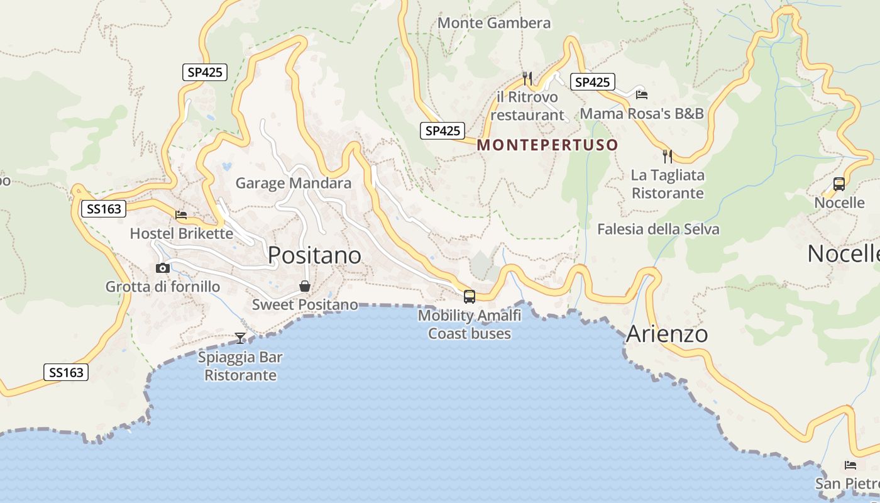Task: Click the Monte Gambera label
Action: coord(494,23)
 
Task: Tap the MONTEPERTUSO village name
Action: coord(547,145)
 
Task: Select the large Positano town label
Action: coord(314,255)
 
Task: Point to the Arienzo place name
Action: coord(667,334)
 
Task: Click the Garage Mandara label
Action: coord(293,184)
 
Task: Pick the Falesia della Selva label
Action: coord(658,229)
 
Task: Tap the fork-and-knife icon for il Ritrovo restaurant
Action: coord(527,78)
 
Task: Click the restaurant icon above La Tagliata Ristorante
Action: coord(668,156)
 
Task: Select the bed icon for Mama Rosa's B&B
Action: coord(641,94)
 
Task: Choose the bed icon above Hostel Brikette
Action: coord(181,215)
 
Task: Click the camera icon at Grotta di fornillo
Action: coord(163,268)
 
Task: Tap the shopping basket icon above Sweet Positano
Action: coord(305,287)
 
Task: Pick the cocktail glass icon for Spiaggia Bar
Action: coord(240,338)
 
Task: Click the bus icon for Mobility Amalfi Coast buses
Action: coord(469,297)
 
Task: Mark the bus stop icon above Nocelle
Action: coord(839,184)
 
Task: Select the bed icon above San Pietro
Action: coord(850,466)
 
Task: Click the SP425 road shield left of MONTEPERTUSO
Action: coord(443,131)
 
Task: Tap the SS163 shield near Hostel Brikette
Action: coord(104,209)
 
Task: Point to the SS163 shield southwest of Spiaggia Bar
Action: coord(66,372)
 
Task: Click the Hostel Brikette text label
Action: coord(181,234)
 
